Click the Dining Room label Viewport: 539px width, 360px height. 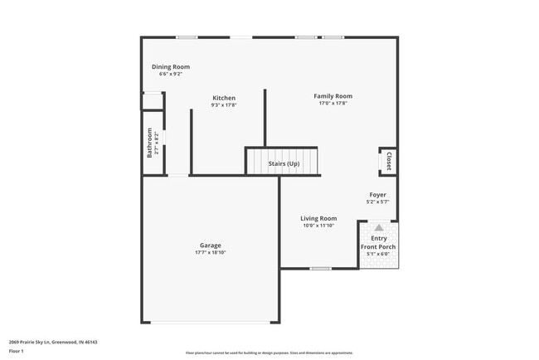coord(171,67)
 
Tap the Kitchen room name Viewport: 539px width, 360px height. coord(224,98)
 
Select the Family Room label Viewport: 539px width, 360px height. coord(333,96)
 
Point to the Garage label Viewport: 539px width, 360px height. coord(210,246)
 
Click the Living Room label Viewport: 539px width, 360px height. coord(318,218)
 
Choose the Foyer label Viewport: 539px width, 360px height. coord(377,195)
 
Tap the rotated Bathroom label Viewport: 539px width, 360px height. coord(150,143)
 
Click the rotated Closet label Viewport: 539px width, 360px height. coord(388,160)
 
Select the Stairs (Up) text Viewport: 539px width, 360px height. coord(284,163)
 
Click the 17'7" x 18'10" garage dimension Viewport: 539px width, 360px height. coord(210,252)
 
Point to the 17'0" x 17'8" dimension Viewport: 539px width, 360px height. coord(333,104)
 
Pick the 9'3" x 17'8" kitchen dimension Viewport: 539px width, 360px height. coord(224,105)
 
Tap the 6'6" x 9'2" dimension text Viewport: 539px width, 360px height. coord(171,75)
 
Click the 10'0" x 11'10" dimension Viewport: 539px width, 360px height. coord(318,226)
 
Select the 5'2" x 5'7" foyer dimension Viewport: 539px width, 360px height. coord(377,202)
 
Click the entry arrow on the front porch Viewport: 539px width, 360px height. coord(378,226)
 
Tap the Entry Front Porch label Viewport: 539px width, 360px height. coord(378,243)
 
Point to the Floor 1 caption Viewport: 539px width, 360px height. coord(17,352)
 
